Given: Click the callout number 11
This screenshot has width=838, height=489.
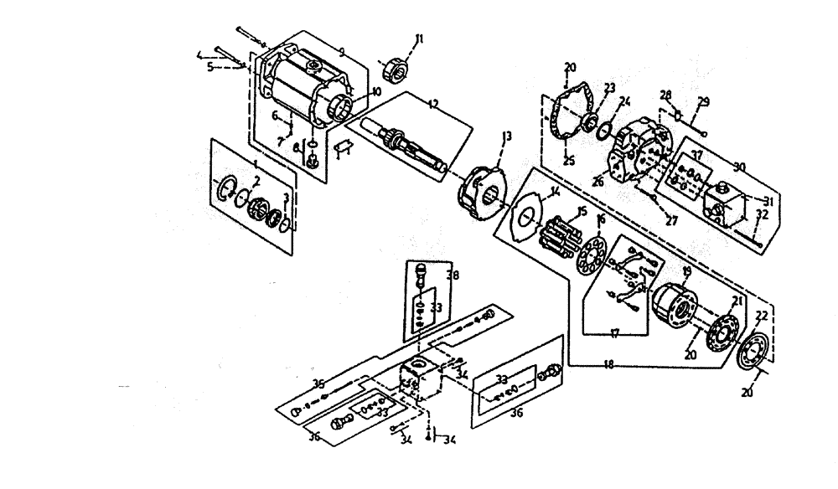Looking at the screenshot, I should tap(420, 39).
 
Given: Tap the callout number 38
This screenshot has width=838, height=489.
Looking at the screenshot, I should tap(453, 274).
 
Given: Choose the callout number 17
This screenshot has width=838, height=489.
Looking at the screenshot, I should tap(614, 333).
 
